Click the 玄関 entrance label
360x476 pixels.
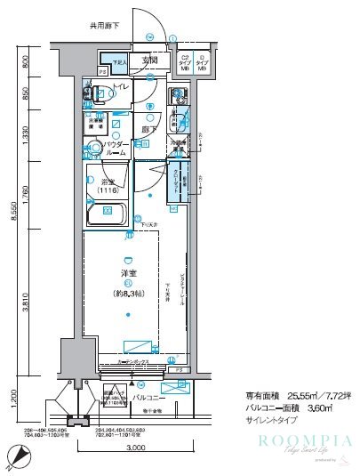pyautogui.click(x=150, y=61)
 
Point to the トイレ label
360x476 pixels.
pyautogui.click(x=122, y=87)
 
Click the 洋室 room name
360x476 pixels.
pyautogui.click(x=129, y=272)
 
